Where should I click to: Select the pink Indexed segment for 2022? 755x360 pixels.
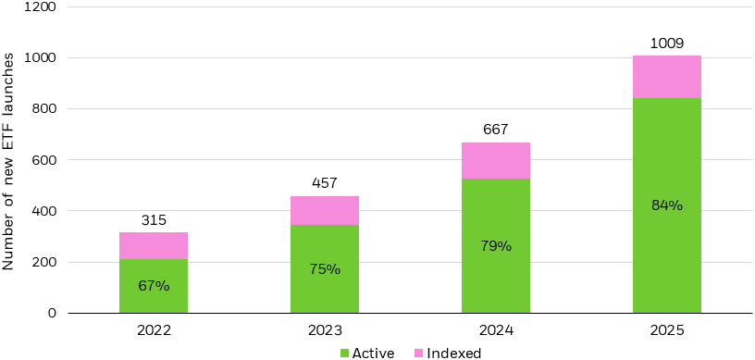(x=154, y=245)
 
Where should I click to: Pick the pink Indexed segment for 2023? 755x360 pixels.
(x=325, y=211)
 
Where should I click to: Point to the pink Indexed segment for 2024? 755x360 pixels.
(x=496, y=161)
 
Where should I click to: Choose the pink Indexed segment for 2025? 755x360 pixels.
(x=667, y=77)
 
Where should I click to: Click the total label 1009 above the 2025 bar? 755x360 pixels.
(x=667, y=43)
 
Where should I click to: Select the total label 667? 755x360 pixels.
(x=496, y=130)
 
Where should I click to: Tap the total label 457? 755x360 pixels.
(x=325, y=183)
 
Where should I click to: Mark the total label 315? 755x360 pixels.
(x=154, y=219)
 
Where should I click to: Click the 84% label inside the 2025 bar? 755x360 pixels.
(x=667, y=205)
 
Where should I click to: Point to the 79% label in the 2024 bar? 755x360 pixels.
(x=496, y=246)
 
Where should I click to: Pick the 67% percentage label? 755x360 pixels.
(x=154, y=286)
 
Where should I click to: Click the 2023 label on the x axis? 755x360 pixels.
(x=325, y=329)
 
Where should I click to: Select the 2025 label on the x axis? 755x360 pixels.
(x=667, y=329)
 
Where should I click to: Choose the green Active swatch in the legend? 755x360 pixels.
(x=345, y=353)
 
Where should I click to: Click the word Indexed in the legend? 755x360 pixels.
(x=453, y=353)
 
